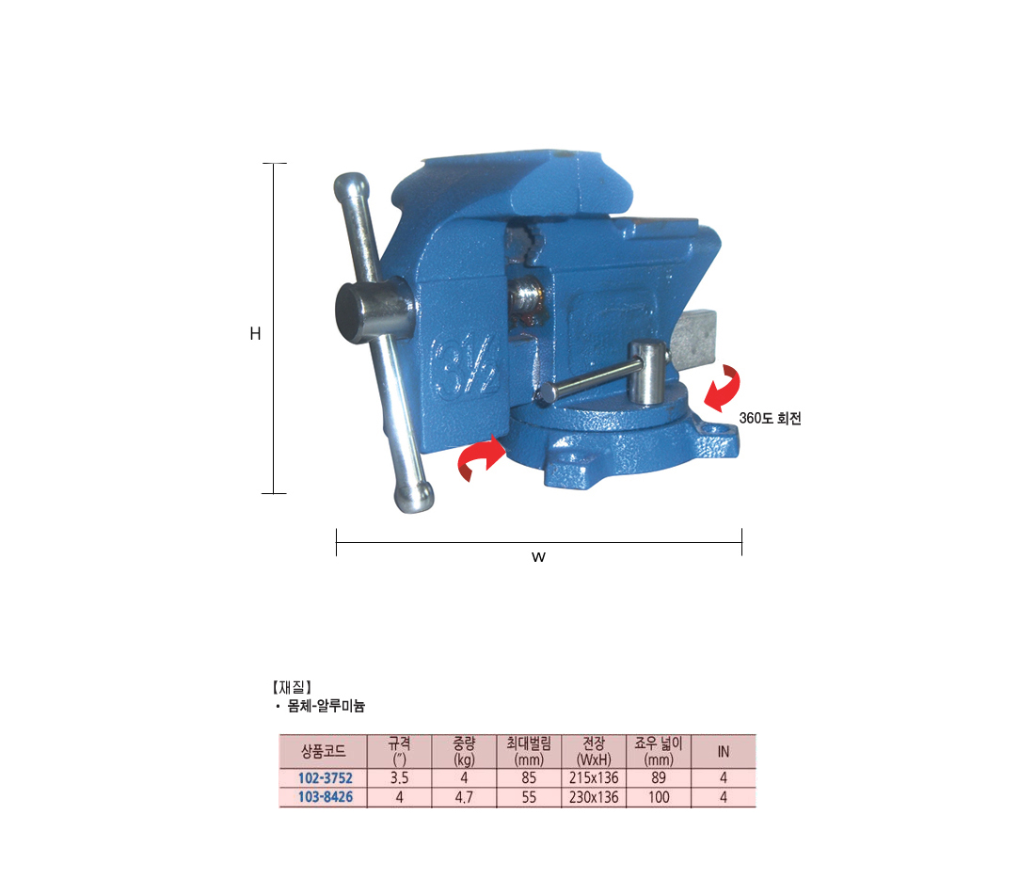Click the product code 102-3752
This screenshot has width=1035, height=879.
pos(325,778)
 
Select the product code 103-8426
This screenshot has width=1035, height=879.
pos(325,797)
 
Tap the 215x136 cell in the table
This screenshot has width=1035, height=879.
pos(594,778)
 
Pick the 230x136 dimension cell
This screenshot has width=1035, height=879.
pos(594,797)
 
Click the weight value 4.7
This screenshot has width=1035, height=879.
pos(464,797)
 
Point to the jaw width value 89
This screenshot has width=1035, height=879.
pos(658,778)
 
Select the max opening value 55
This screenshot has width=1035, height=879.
pos(529,797)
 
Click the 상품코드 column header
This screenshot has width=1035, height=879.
pos(323,751)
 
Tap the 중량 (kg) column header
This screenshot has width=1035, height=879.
pos(464,751)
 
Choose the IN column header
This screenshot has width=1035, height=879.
pos(724,752)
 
